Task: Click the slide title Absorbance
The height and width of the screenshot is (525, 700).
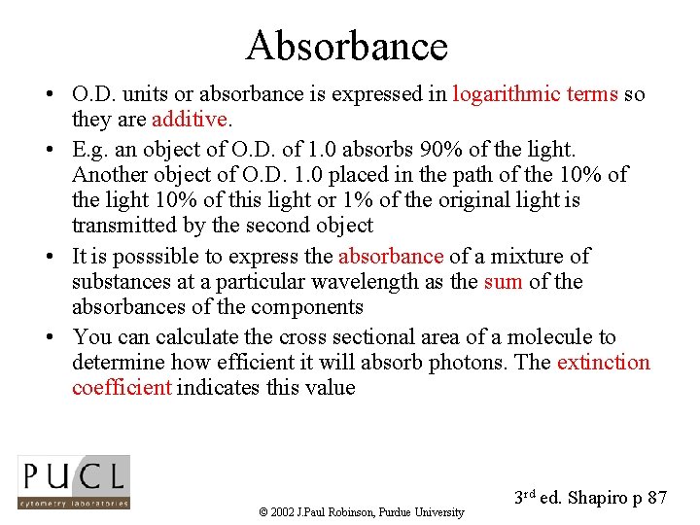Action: coord(347,46)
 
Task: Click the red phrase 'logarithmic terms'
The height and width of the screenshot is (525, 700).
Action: coord(535,95)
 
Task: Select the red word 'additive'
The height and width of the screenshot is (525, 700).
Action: coord(189,121)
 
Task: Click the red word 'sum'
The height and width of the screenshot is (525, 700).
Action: coord(503,282)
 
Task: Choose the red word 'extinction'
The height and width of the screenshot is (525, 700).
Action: coord(603,363)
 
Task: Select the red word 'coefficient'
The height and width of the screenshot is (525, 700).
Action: coord(122,388)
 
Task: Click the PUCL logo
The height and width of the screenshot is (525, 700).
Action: coord(74,481)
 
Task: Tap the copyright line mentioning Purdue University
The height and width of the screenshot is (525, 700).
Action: coord(362,512)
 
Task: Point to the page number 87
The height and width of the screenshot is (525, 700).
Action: coord(656,498)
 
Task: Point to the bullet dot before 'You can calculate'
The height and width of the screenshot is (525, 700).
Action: coord(48,338)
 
